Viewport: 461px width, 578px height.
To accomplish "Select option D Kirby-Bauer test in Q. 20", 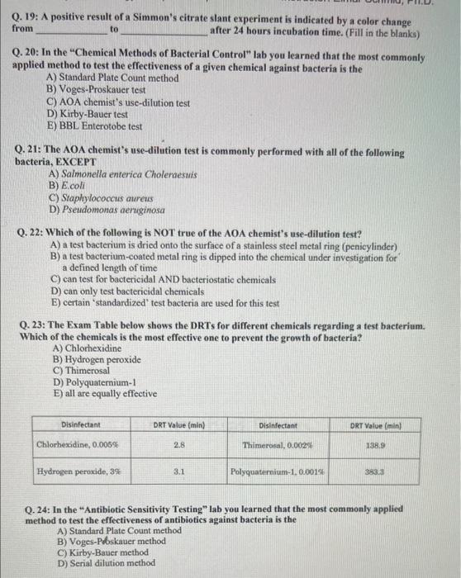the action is click(88, 115).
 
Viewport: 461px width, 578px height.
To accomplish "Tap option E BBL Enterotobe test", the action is click(95, 126).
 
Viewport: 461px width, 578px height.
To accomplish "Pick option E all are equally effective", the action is click(104, 394).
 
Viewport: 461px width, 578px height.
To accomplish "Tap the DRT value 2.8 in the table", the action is click(178, 445).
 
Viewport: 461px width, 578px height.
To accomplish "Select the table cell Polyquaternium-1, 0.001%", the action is click(278, 473).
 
